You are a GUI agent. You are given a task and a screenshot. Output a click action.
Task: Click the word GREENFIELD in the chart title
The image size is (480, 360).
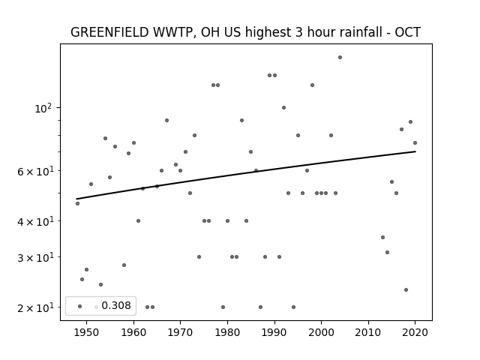109,32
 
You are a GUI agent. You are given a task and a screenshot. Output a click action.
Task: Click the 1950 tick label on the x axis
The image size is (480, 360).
86,332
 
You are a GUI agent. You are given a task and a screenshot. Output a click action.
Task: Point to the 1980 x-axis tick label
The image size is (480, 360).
227,332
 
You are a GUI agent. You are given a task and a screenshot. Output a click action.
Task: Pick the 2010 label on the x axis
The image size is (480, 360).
368,332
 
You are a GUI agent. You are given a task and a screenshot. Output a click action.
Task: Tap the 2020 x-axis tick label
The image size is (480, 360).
415,332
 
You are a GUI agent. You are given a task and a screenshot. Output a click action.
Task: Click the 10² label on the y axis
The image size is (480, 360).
43,108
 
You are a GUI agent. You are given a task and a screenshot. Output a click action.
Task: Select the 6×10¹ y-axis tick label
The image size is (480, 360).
35,172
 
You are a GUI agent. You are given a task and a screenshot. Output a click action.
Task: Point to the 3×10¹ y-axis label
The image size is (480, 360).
35,258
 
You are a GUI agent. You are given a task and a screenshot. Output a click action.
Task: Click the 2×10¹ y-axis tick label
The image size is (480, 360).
35,307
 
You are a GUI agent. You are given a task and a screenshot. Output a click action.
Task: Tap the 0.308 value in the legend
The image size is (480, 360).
116,305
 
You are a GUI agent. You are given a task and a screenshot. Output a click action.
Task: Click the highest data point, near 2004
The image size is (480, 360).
340,58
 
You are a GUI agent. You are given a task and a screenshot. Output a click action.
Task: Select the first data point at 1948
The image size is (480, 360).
77,203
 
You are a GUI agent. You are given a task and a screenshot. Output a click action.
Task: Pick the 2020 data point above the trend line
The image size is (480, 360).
415,143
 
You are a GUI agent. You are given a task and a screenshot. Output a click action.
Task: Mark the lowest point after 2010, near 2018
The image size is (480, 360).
406,290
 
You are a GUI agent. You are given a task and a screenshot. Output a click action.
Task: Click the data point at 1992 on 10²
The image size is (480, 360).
283,108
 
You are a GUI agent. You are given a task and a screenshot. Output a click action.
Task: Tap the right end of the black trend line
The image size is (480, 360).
415,151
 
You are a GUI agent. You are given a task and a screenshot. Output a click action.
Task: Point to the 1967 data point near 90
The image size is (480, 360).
166,120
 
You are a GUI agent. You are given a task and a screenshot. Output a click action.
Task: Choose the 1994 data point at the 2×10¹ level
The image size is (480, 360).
293,307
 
